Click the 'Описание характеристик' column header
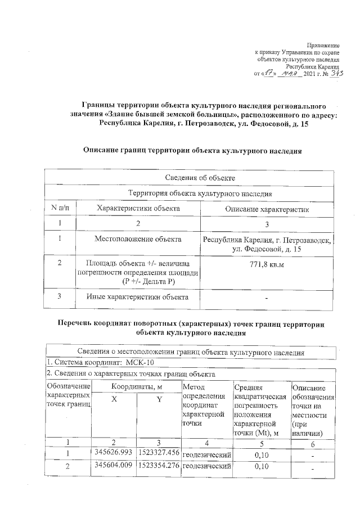pyautogui.click(x=267, y=209)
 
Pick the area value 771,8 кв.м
pyautogui.click(x=267, y=263)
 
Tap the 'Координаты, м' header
pyautogui.click(x=136, y=387)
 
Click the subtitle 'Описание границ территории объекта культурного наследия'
pyautogui.click(x=192, y=151)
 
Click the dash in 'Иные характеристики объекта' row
pyautogui.click(x=267, y=298)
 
